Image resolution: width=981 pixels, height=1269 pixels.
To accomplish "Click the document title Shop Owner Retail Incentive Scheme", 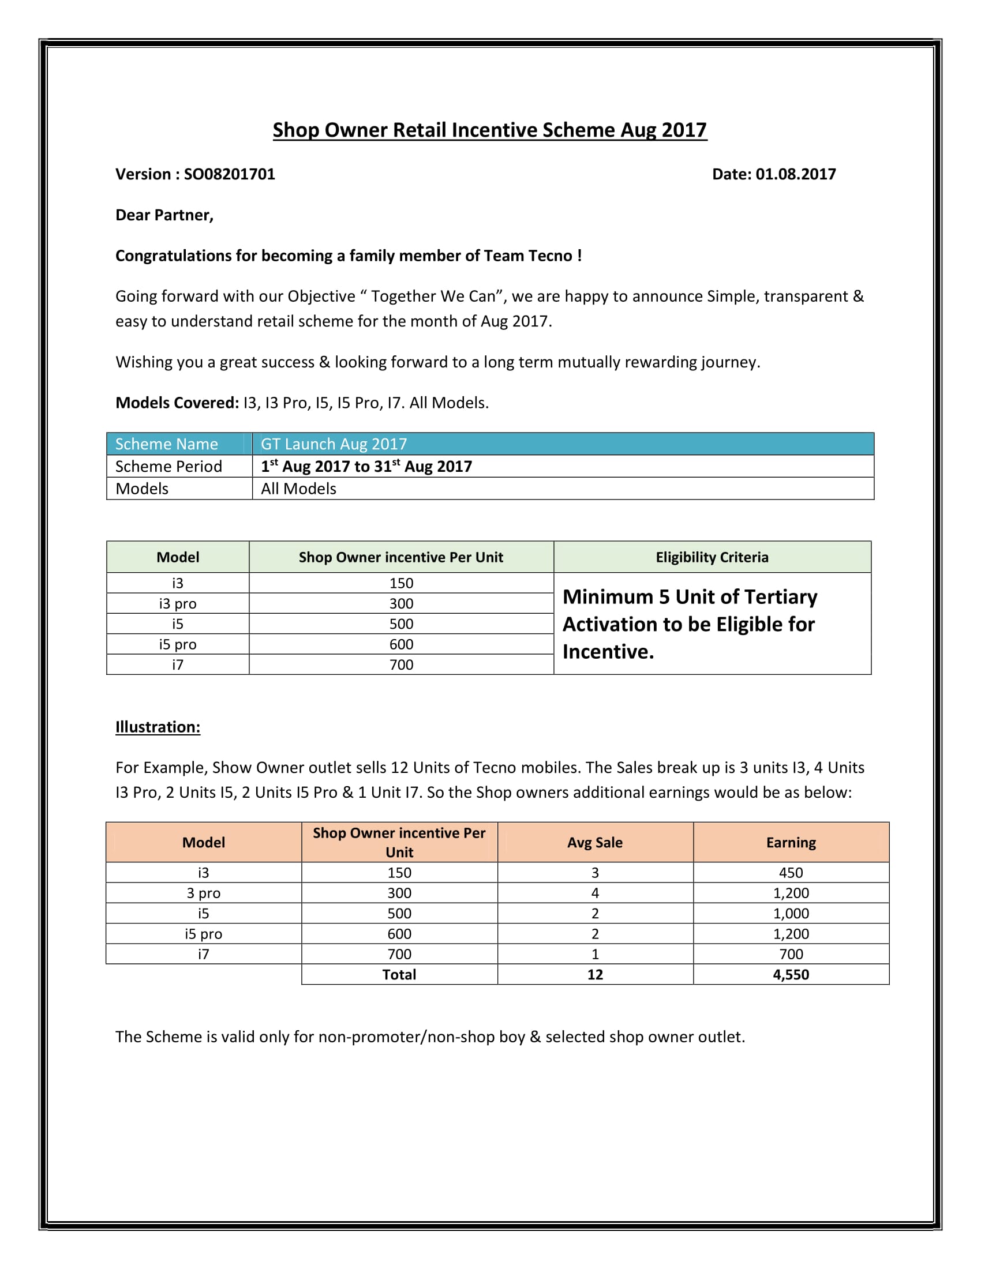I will click(x=489, y=130).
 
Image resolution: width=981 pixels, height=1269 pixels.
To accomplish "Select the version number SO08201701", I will click(x=230, y=174).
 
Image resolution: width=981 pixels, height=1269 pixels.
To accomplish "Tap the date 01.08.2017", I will click(x=795, y=174).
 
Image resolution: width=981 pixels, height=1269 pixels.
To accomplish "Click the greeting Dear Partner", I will click(x=164, y=215).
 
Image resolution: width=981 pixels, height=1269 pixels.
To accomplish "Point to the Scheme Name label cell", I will click(x=167, y=444).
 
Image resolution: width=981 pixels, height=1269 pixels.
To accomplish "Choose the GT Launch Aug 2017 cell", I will click(x=334, y=444).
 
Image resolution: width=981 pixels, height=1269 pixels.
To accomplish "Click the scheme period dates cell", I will click(x=366, y=466).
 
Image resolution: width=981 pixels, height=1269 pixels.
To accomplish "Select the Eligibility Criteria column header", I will click(x=712, y=557).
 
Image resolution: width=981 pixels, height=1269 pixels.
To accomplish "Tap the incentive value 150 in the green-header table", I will click(x=401, y=583).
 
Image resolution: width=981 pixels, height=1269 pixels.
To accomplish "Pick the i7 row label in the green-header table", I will click(x=178, y=664).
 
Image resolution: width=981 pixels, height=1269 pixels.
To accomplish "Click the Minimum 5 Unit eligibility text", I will click(x=689, y=624).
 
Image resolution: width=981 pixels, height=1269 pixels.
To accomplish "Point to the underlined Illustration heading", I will click(x=158, y=727).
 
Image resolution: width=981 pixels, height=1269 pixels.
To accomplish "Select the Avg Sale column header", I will click(x=594, y=843).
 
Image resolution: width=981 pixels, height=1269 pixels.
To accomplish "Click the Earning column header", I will click(x=791, y=843).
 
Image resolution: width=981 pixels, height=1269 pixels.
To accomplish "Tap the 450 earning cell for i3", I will click(x=791, y=873).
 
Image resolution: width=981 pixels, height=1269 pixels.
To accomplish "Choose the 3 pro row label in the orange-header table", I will click(x=203, y=893).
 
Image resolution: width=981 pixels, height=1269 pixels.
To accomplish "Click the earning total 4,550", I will click(x=791, y=974).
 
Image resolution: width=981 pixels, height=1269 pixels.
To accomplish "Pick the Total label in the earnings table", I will click(x=399, y=974).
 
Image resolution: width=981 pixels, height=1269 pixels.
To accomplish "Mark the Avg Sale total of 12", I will click(x=594, y=974).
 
